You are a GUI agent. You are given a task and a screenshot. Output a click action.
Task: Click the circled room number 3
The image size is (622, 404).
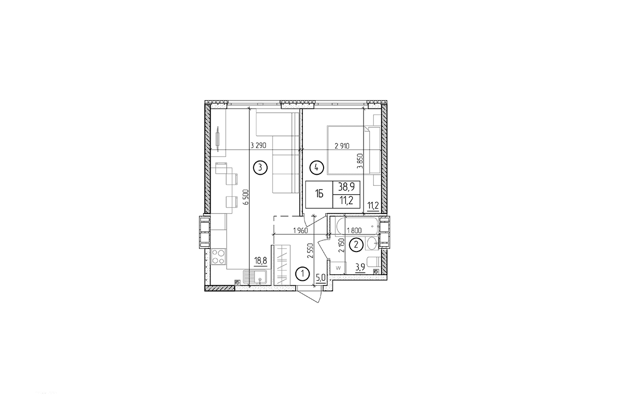click(x=260, y=168)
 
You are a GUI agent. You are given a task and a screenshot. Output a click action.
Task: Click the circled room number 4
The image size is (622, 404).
click(x=317, y=168)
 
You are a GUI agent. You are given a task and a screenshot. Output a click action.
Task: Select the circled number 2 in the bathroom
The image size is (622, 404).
click(x=356, y=245)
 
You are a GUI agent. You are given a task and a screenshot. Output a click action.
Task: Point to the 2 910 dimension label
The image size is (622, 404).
click(x=342, y=146)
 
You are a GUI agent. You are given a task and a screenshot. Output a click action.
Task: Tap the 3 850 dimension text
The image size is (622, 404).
click(x=360, y=161)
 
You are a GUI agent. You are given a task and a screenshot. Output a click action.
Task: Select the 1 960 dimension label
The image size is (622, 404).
click(x=300, y=230)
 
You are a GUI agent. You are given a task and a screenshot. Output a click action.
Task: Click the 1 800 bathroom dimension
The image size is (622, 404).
click(x=354, y=230)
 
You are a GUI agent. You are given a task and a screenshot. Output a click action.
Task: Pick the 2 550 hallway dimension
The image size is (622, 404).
click(x=310, y=250)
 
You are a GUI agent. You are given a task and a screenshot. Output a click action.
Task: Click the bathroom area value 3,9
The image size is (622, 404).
click(x=360, y=268)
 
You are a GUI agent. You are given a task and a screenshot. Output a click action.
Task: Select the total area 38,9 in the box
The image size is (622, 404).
click(x=346, y=187)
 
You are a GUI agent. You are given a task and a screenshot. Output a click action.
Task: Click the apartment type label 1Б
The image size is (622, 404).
click(x=319, y=194)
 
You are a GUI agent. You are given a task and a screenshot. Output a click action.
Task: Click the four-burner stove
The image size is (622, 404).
click(x=218, y=257)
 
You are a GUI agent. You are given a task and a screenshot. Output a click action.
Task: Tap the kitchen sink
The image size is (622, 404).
click(x=61, y=277)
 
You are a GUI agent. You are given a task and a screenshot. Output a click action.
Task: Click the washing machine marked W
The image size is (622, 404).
click(x=338, y=268)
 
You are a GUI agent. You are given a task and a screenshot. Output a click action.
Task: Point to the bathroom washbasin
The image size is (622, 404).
click(x=372, y=244)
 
